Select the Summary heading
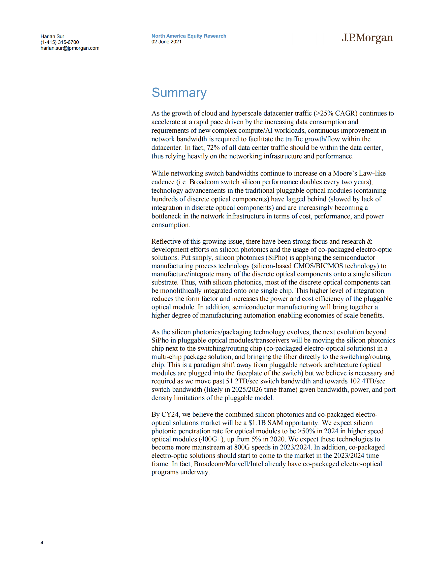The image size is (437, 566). [x=179, y=93]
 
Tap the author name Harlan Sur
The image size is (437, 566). [x=52, y=36]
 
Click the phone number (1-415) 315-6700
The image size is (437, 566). [x=59, y=42]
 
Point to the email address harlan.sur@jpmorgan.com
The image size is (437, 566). [x=70, y=48]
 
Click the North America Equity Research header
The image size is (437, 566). [x=189, y=36]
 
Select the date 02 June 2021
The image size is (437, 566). [x=167, y=42]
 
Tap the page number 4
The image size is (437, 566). [x=42, y=542]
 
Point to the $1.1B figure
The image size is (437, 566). [x=257, y=423]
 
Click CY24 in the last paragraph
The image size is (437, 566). [x=170, y=414]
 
